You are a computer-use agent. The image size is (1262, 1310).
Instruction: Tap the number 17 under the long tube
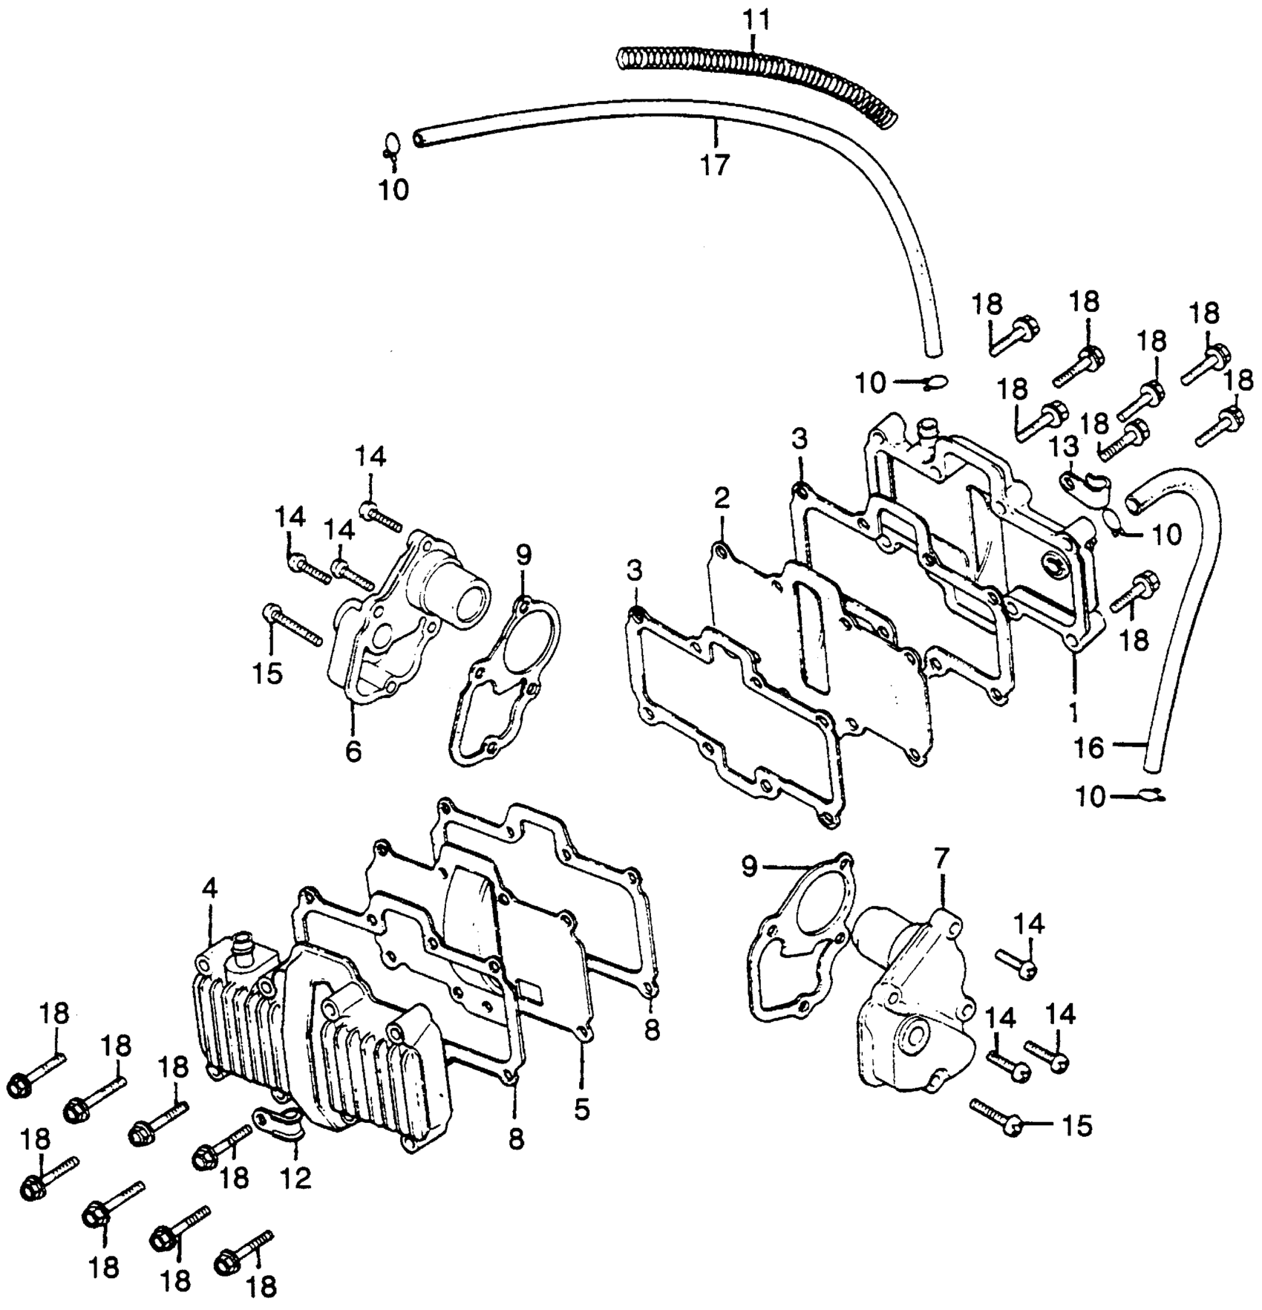point(716,165)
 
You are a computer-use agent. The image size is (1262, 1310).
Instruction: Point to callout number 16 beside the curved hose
point(1090,748)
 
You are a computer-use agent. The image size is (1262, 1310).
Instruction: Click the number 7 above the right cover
point(941,859)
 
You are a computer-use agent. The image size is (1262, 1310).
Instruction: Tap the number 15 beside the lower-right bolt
point(1078,1127)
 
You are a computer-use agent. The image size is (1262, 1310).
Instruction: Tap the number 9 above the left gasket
point(524,554)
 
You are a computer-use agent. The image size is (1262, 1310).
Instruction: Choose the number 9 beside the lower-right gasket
point(750,867)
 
